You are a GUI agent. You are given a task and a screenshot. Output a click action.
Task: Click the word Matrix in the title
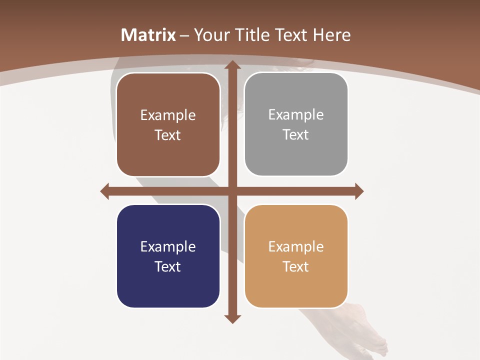pos(148,35)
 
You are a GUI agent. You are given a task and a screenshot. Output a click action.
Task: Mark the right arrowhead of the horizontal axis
pos(358,191)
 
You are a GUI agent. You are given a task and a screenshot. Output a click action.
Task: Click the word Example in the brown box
pos(168,115)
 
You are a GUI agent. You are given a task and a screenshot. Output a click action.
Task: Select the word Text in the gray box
pos(296,135)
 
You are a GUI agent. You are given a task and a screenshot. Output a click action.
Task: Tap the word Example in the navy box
pos(168,247)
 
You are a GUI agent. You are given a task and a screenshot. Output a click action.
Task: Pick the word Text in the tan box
pos(296,267)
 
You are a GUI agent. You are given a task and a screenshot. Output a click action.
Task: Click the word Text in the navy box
pos(168,267)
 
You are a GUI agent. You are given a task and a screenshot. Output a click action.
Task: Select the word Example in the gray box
pos(296,115)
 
